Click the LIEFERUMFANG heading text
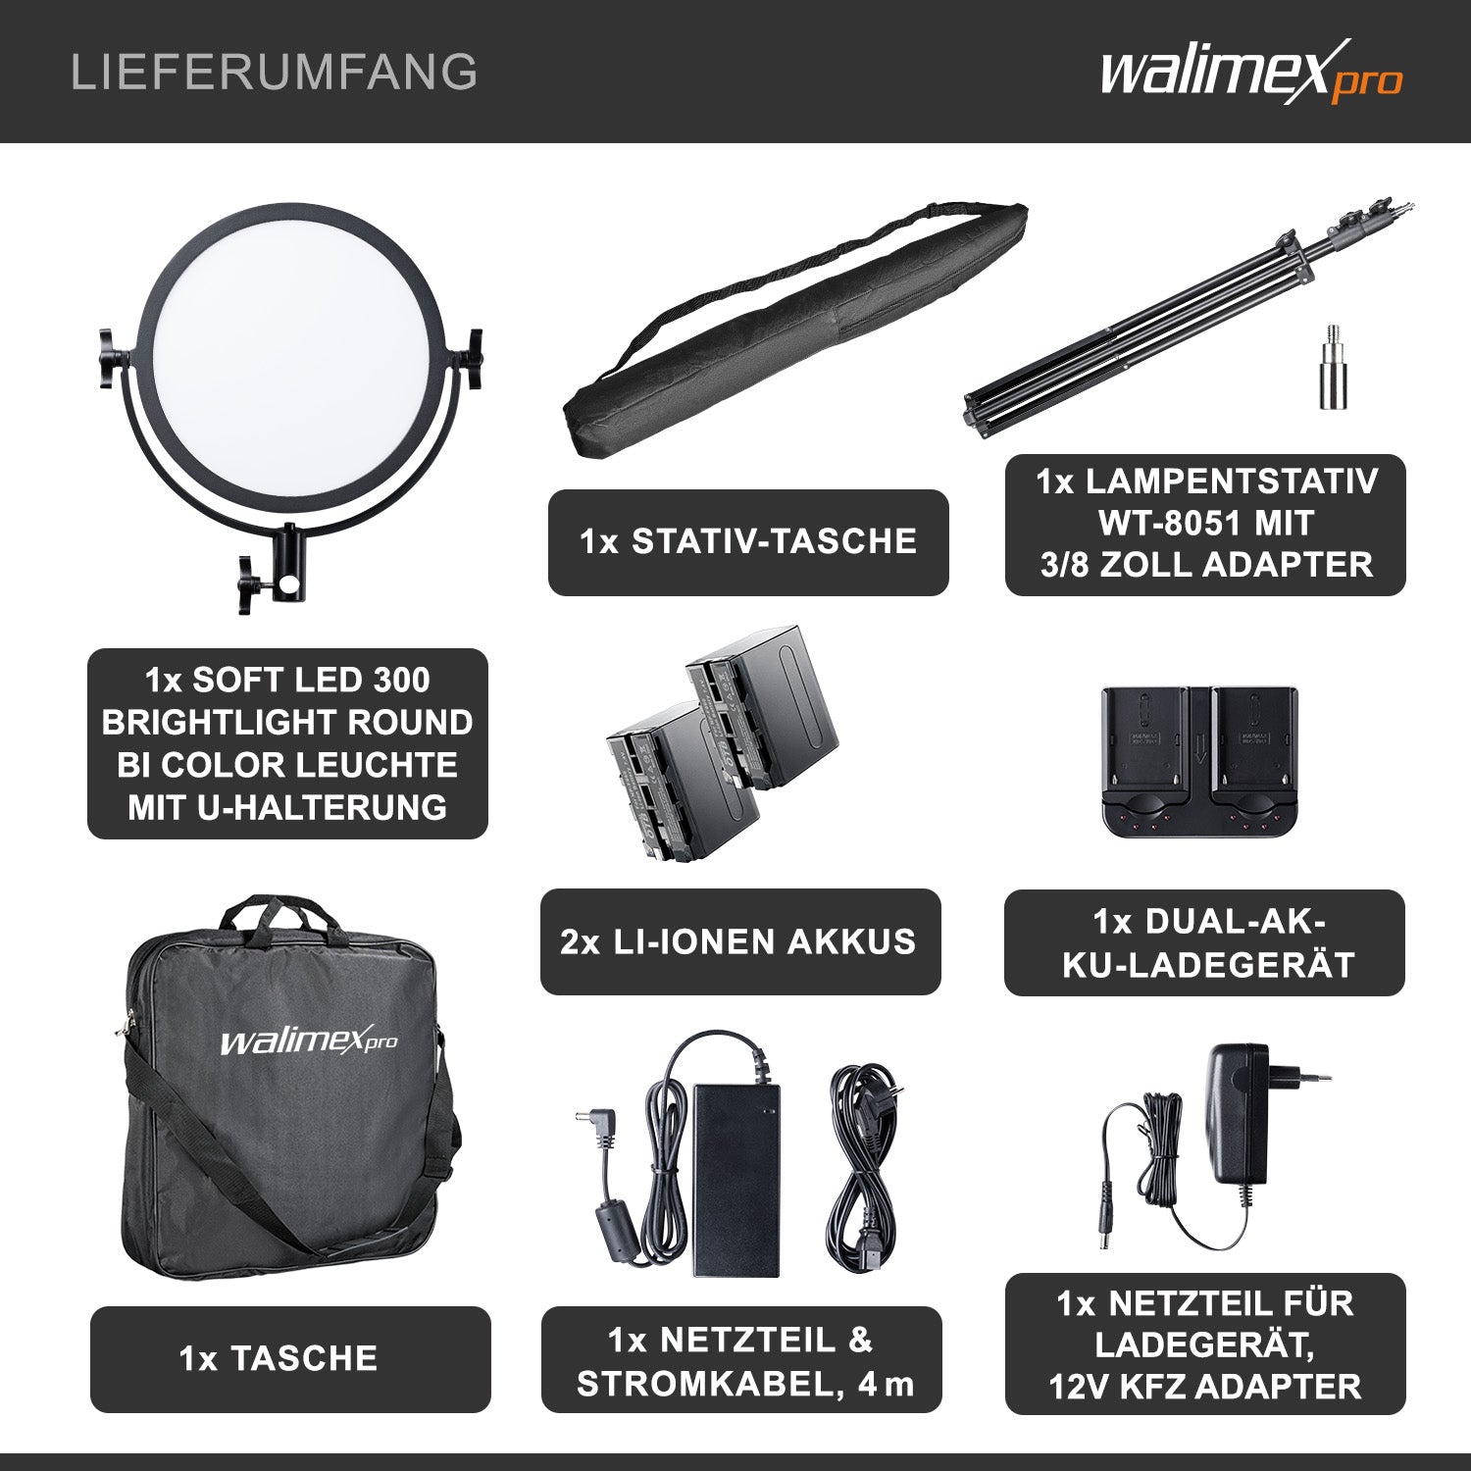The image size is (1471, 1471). coord(275,73)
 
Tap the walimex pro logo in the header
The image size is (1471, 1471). coord(1251,72)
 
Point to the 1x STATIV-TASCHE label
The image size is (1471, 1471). coord(748,542)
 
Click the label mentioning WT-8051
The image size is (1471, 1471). coord(1205,524)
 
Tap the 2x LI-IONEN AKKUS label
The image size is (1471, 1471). coord(739,941)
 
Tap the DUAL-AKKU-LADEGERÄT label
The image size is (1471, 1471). coord(1204,943)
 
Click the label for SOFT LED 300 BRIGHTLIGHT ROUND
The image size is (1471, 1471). coord(287,743)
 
